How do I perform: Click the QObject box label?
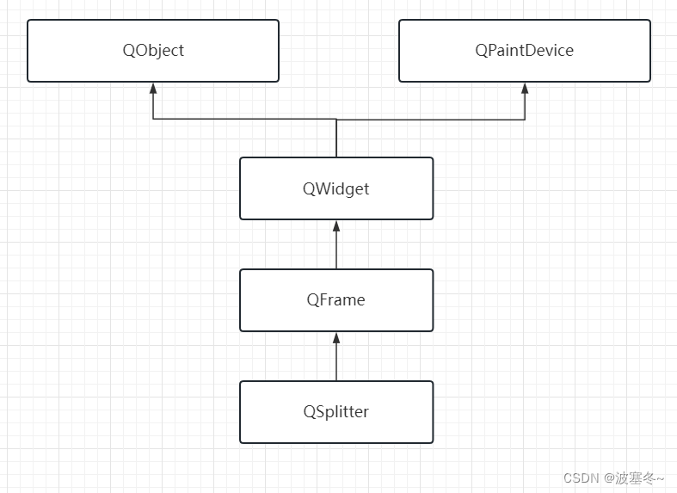(x=153, y=50)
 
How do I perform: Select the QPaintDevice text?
(x=524, y=50)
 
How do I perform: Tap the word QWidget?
(x=335, y=188)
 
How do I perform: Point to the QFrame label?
(x=335, y=300)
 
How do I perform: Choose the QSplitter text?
(x=335, y=412)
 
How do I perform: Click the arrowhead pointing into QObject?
(x=153, y=89)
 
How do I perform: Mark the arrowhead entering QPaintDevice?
(x=525, y=89)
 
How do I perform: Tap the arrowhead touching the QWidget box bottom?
(x=336, y=226)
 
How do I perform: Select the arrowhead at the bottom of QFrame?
(x=336, y=338)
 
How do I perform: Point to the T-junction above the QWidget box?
(x=336, y=120)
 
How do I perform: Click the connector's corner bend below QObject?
(x=153, y=120)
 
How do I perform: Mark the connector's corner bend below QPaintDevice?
(x=525, y=120)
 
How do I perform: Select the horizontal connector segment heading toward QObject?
(x=245, y=120)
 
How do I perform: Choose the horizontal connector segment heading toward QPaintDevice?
(x=430, y=120)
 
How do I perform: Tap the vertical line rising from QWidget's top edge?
(x=336, y=139)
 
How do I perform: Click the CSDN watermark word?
(x=581, y=478)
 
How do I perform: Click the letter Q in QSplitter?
(x=309, y=412)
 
